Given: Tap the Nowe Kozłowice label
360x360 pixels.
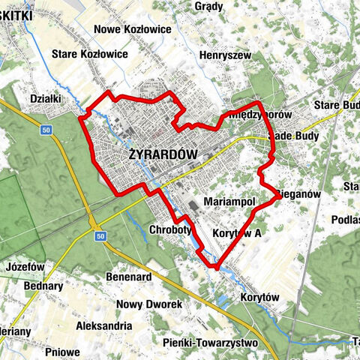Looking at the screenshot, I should tap(129, 30).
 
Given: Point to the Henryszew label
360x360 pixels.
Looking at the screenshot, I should tap(224, 55).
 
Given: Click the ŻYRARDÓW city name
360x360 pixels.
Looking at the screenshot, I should tap(163, 154).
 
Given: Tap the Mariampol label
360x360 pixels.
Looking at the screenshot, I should tap(230, 202).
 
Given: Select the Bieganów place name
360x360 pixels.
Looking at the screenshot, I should tap(299, 193).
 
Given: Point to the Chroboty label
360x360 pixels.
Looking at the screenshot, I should tap(173, 229).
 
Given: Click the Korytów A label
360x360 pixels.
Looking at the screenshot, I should tap(236, 233).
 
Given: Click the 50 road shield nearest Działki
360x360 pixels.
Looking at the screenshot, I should tap(46, 130).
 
